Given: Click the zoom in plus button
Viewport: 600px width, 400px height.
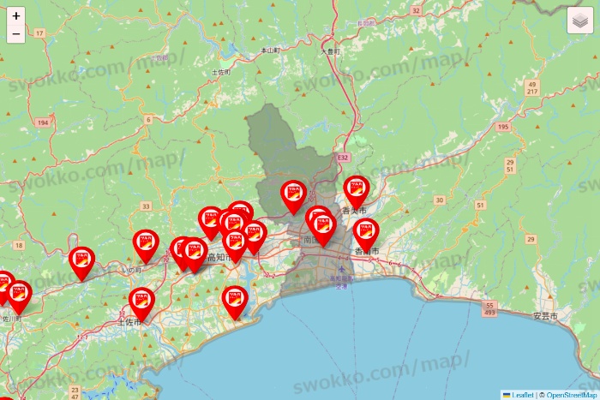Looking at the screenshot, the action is pyautogui.click(x=16, y=15).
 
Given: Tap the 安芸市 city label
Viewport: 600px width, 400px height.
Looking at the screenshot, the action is pyautogui.click(x=545, y=316).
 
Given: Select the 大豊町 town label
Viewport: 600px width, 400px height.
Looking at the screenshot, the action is pyautogui.click(x=331, y=51).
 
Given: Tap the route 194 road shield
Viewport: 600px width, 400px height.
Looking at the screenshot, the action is pyautogui.click(x=42, y=123).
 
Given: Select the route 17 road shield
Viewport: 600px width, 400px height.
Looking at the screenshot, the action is pyautogui.click(x=39, y=33).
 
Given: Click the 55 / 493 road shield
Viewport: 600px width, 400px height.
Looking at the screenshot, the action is pyautogui.click(x=490, y=308).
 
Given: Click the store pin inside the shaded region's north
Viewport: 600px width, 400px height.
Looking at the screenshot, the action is pyautogui.click(x=294, y=195).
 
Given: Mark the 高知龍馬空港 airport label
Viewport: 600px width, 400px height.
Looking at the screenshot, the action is pyautogui.click(x=342, y=282).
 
